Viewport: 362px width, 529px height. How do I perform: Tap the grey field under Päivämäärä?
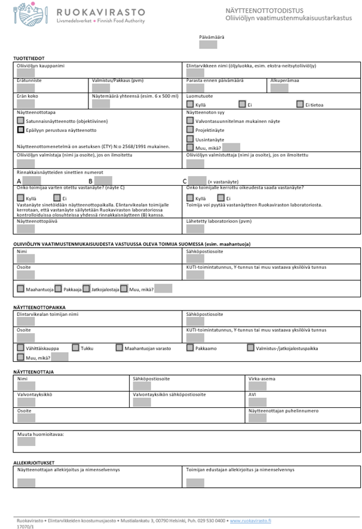pos(207,44)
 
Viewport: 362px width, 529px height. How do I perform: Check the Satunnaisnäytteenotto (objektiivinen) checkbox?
pos(21,120)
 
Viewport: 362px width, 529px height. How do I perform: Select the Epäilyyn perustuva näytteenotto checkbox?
pos(21,130)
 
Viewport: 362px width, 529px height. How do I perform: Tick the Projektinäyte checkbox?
pos(190,130)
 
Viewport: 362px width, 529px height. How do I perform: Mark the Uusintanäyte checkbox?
pos(190,139)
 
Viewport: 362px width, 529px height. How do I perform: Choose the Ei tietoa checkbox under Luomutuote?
pos(300,104)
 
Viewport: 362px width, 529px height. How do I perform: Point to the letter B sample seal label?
pos(90,180)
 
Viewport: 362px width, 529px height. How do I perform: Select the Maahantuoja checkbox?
pos(21,289)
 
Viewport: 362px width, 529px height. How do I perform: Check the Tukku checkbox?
pos(75,347)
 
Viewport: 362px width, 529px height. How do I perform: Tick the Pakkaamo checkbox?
pos(190,347)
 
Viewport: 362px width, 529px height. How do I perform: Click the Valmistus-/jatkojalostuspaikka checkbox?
pos(250,347)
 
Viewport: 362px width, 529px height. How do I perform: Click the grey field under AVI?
pos(257,402)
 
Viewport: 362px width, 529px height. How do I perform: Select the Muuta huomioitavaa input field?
pos(26,442)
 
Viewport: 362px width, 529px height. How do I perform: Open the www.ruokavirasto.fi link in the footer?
pos(250,521)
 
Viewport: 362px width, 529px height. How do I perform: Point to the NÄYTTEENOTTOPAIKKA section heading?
pos(39,306)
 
